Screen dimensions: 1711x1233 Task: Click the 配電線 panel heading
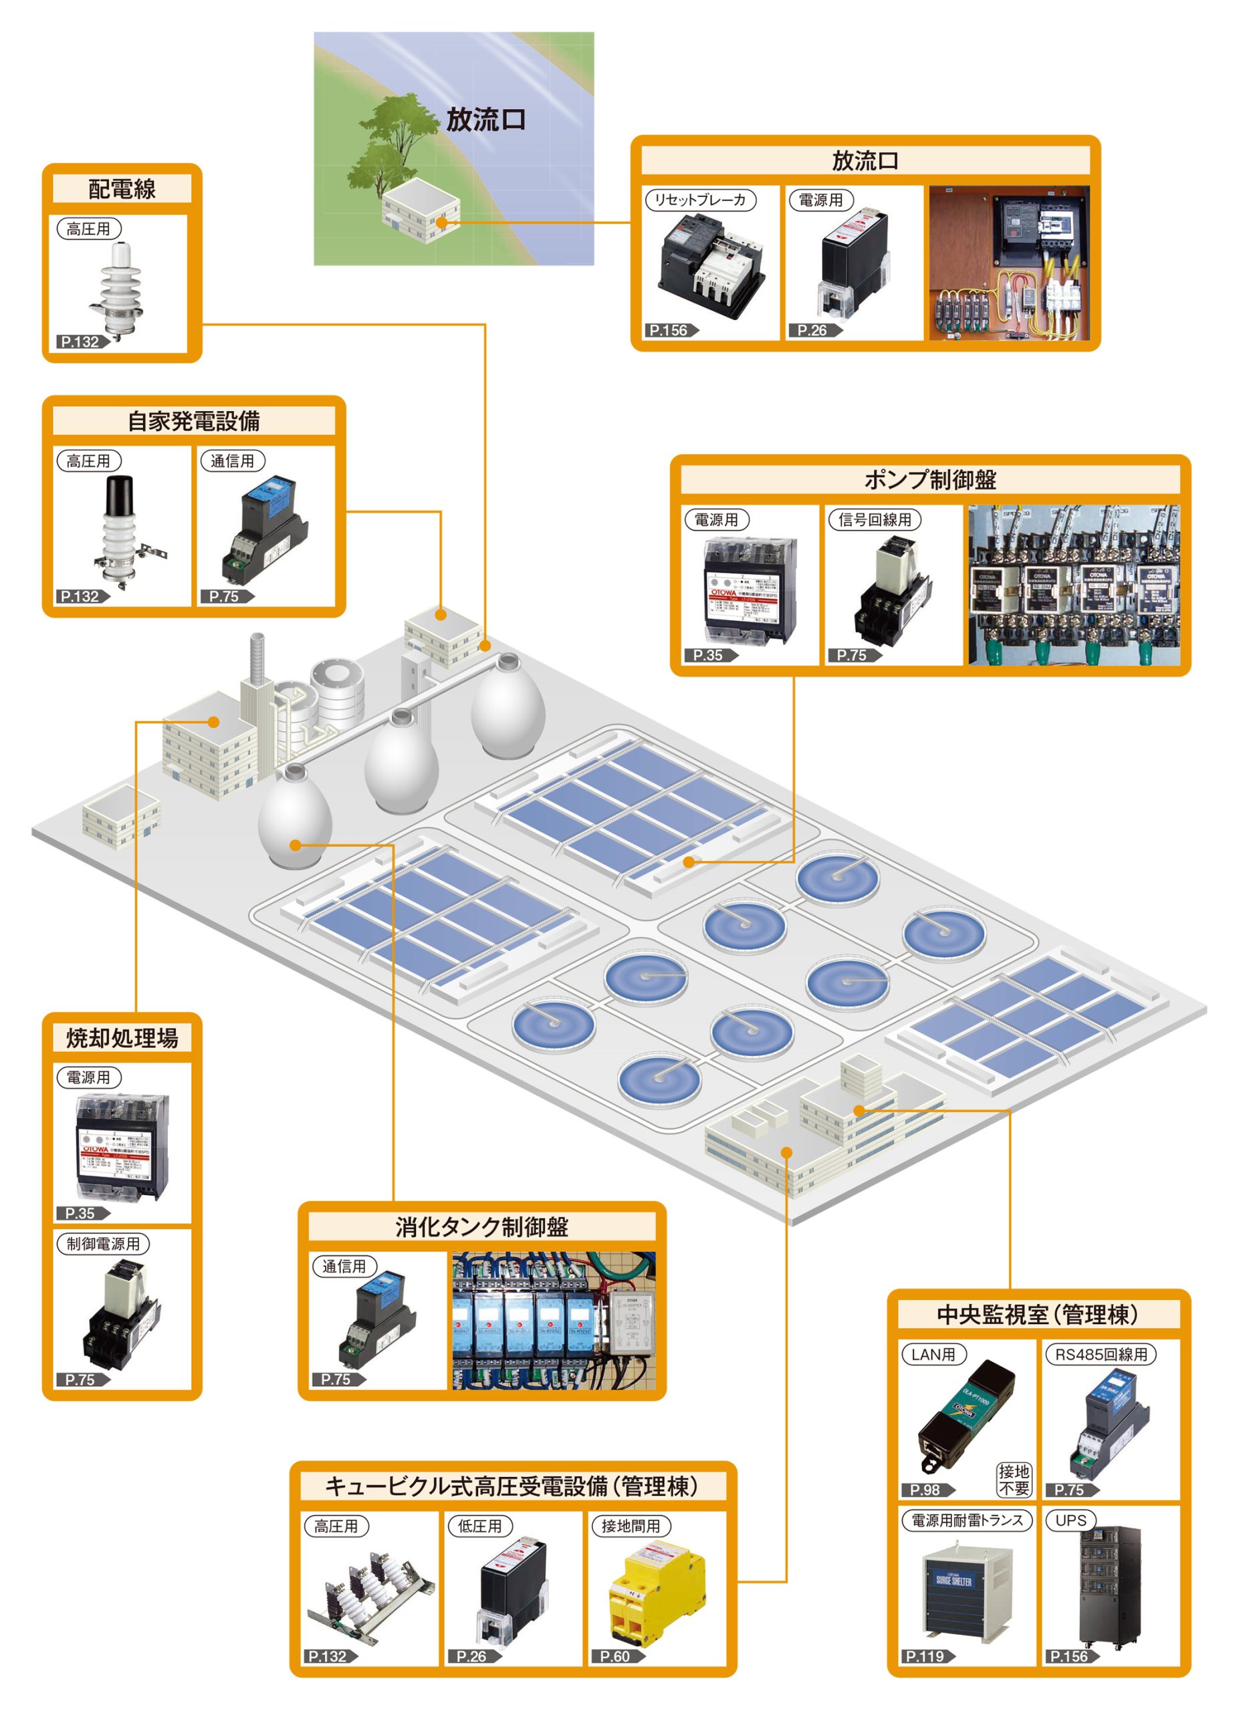[122, 188]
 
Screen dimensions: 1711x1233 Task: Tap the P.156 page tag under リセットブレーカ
[671, 330]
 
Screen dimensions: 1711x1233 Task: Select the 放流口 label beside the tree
[485, 119]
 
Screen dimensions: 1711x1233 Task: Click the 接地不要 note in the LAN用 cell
[1014, 1479]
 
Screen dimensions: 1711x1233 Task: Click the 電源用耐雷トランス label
[967, 1520]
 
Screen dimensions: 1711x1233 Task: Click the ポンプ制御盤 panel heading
[929, 479]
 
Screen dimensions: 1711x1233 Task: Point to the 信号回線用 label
[875, 519]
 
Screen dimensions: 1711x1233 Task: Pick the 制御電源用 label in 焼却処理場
[104, 1243]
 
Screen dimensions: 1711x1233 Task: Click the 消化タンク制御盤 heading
[481, 1226]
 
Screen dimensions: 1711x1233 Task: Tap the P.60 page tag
[616, 1656]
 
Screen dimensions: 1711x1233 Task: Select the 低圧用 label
[479, 1525]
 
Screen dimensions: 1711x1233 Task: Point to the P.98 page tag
[927, 1489]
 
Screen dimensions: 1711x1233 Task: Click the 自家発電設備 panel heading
[193, 421]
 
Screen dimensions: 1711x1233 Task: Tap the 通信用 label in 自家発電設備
[233, 460]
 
